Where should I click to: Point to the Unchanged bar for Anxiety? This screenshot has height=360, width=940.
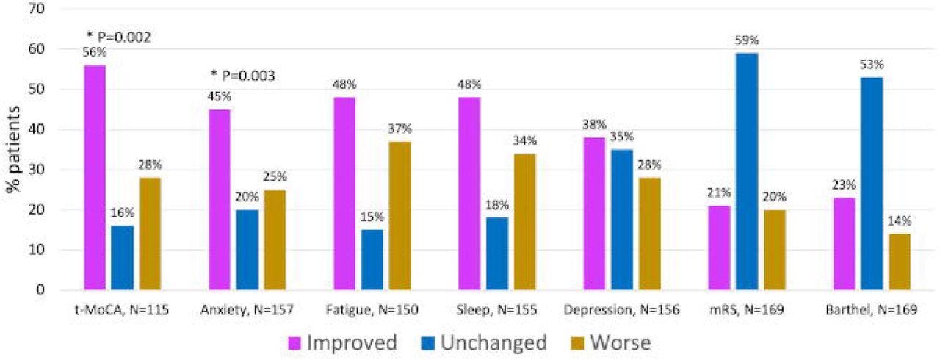click(x=247, y=250)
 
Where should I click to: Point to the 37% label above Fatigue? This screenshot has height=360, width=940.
click(x=400, y=130)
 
